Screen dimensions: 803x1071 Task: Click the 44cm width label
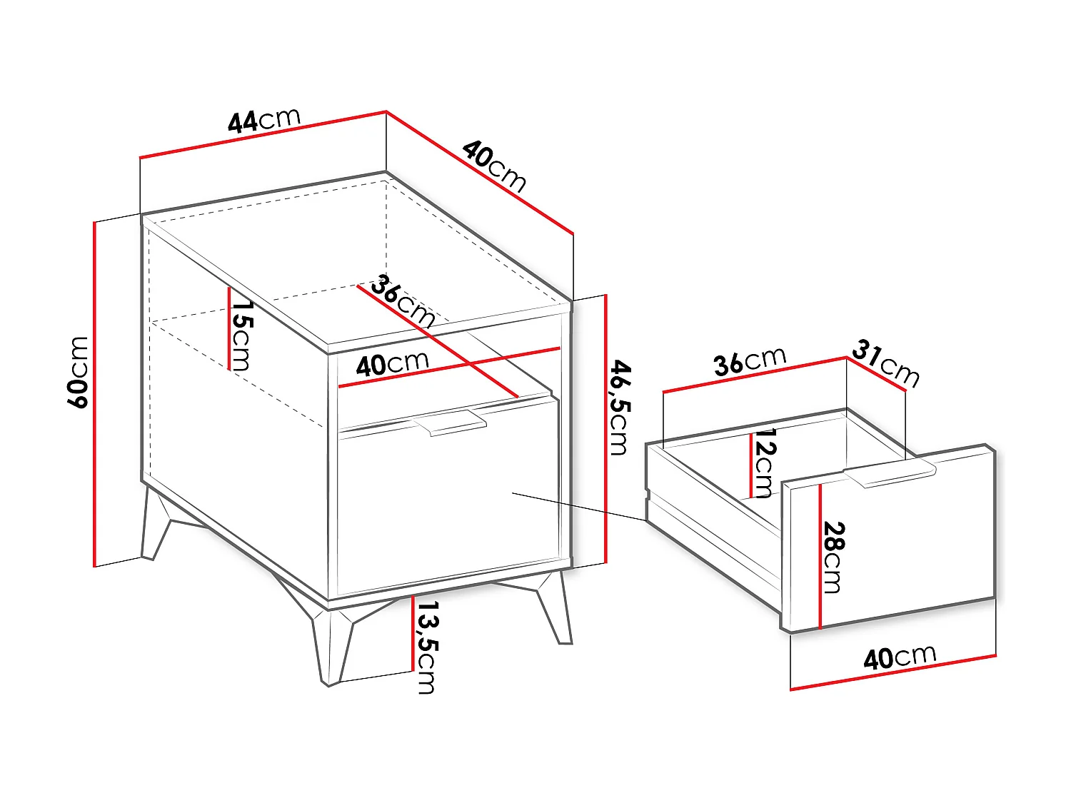tap(264, 120)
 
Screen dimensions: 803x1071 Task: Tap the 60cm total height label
tap(79, 372)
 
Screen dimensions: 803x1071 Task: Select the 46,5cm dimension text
tap(619, 408)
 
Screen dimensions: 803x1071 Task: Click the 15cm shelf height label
tap(241, 335)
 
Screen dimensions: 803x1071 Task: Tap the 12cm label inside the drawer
tap(765, 463)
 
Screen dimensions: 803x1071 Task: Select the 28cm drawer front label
tap(833, 557)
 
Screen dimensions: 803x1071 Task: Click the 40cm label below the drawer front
tap(900, 657)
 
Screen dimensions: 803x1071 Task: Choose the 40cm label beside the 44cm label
tap(494, 166)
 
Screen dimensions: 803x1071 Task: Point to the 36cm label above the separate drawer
tap(750, 361)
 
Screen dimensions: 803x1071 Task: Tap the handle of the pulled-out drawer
tap(890, 474)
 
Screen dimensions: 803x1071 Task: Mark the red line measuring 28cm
tap(821, 557)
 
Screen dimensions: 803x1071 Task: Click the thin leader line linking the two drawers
tap(578, 505)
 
